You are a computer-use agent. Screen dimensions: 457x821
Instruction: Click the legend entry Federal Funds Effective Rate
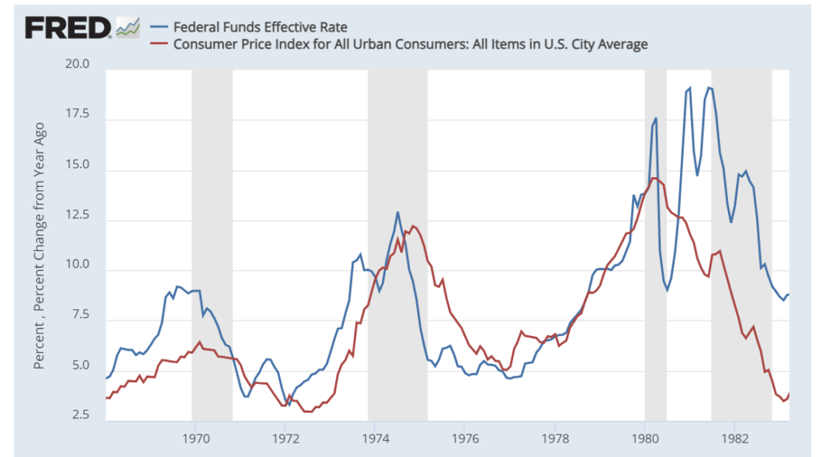click(260, 27)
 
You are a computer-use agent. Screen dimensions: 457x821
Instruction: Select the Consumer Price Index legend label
click(410, 44)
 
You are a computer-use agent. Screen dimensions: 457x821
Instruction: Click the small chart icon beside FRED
click(128, 27)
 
